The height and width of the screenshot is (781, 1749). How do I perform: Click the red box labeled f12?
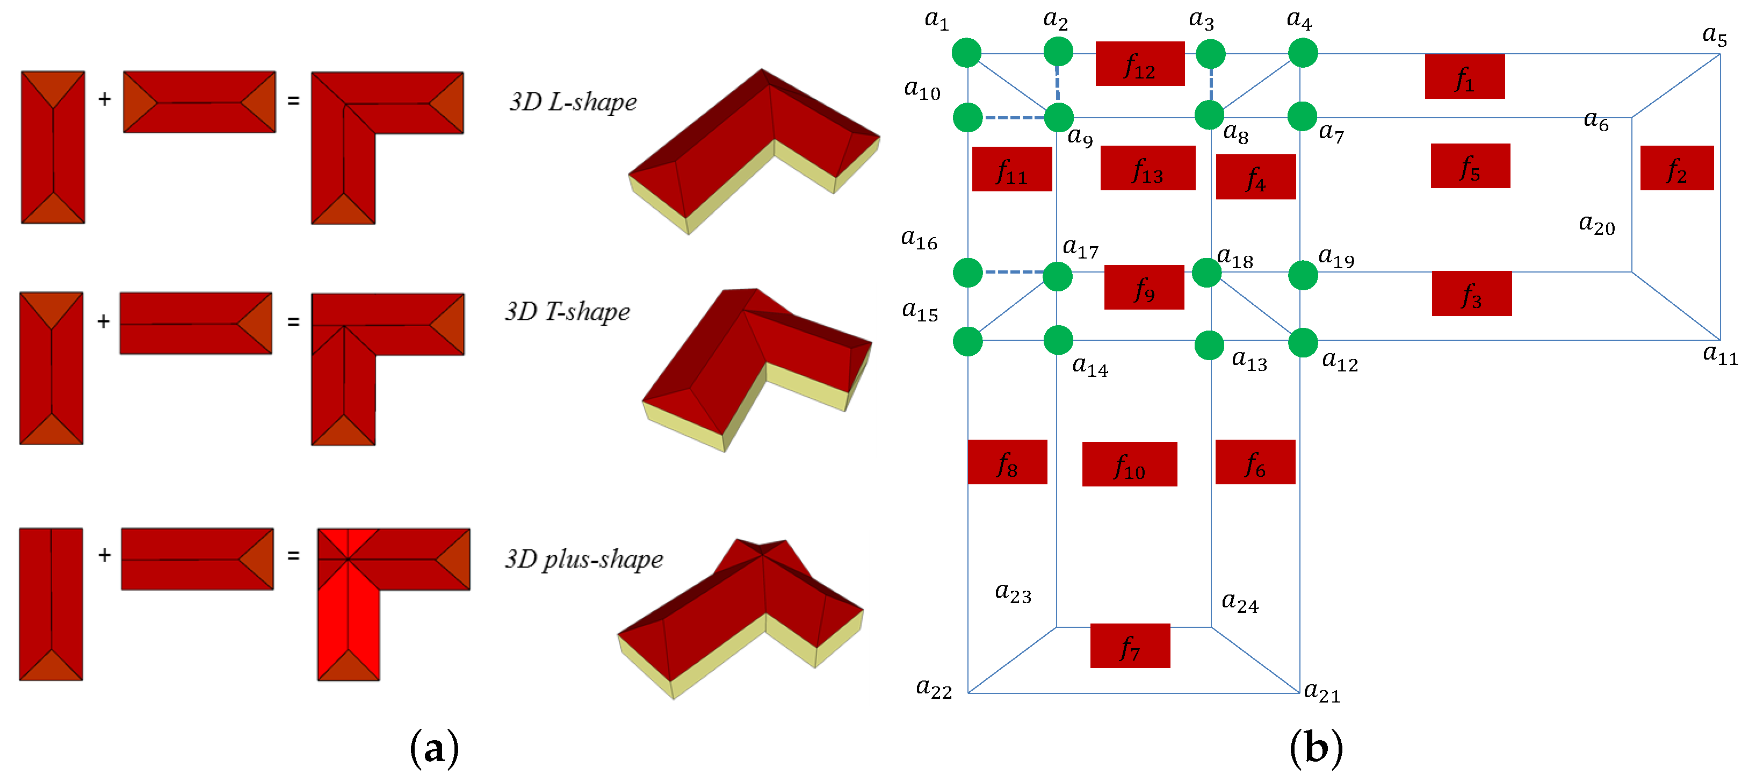coord(1139,64)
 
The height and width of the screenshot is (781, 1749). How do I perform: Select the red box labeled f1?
coord(1464,77)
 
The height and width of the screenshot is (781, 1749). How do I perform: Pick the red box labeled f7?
coord(1129,645)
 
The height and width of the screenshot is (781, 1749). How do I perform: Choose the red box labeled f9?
coord(1144,287)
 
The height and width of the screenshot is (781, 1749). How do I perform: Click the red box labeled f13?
coord(1147,168)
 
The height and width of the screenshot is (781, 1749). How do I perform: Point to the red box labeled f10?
coord(1129,464)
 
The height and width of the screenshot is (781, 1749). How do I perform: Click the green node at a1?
coord(966,53)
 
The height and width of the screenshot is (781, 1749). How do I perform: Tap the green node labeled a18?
coord(1206,273)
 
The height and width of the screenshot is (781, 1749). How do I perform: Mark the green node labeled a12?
coord(1302,342)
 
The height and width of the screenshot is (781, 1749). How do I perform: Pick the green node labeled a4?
coord(1302,53)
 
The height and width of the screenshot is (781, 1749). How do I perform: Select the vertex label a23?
coord(1013,592)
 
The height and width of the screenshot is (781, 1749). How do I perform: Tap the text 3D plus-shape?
coord(583,559)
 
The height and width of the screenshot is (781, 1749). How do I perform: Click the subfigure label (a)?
coord(434,748)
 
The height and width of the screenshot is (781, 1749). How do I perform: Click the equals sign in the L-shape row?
coord(293,101)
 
